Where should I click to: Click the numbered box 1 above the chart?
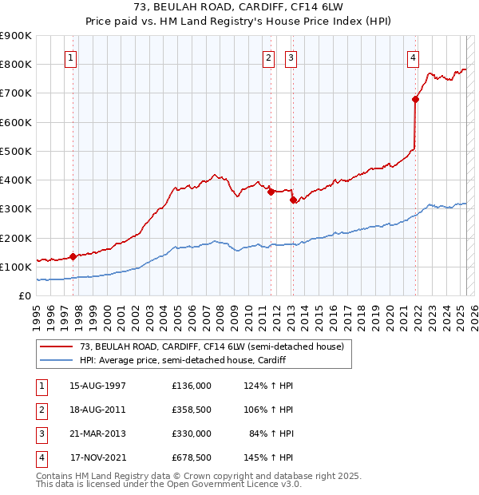point(71,57)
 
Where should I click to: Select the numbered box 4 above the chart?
point(413,57)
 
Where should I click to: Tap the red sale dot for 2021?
point(416,99)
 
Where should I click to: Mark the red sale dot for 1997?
point(73,256)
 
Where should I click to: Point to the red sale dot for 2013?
point(292,200)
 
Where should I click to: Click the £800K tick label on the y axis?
point(16,64)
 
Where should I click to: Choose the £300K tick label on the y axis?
point(16,209)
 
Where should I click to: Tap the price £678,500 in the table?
point(192,457)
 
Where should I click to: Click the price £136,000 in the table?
point(192,386)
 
